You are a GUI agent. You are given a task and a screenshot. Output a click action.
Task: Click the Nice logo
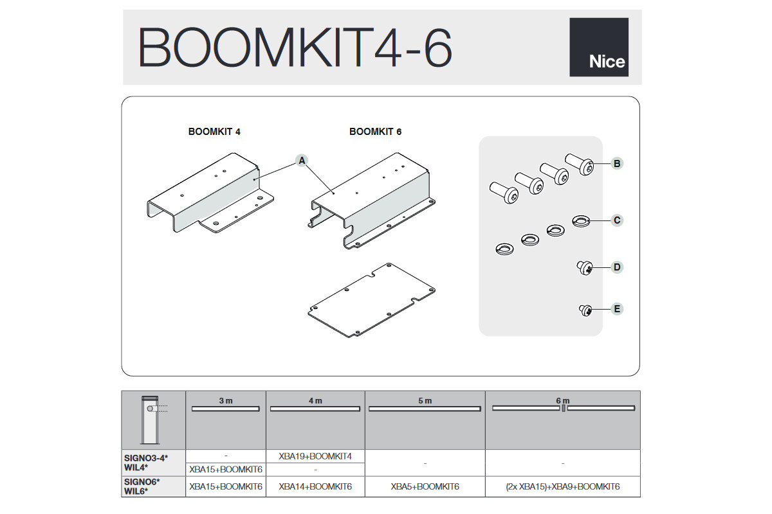click(x=598, y=47)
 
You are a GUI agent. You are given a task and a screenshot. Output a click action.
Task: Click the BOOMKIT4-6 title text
click(x=295, y=48)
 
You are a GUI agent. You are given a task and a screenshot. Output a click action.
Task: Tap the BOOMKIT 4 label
click(x=214, y=132)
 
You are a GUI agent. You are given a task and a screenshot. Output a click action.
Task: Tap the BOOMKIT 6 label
click(x=375, y=132)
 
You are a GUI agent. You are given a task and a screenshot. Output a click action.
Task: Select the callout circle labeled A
click(x=301, y=161)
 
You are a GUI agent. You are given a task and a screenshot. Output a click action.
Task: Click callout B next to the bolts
click(x=616, y=164)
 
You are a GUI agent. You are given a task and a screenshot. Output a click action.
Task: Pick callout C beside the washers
click(x=616, y=220)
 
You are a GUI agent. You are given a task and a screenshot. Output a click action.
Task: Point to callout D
click(x=616, y=267)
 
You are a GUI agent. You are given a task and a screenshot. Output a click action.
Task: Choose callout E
click(x=616, y=309)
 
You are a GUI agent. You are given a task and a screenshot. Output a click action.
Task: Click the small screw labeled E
click(x=585, y=311)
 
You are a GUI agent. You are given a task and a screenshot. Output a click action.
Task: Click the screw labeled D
click(x=585, y=267)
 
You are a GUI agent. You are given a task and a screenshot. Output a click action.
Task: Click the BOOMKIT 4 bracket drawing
click(x=209, y=193)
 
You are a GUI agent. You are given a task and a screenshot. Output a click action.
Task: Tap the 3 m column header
click(x=225, y=401)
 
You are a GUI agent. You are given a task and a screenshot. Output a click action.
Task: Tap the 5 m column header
click(x=425, y=401)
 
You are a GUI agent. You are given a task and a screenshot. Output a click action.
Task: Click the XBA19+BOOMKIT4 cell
click(x=315, y=456)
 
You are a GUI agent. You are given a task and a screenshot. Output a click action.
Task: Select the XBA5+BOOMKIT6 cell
click(x=425, y=487)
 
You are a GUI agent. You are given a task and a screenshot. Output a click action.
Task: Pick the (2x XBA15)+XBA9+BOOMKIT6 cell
click(x=562, y=487)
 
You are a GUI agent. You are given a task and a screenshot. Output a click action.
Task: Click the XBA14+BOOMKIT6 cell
click(x=315, y=487)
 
